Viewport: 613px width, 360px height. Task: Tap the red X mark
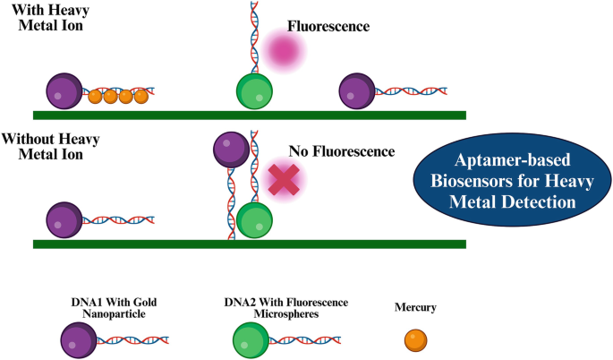click(284, 179)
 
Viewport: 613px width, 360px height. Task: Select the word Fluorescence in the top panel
click(328, 26)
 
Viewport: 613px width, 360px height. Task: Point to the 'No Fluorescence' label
click(341, 151)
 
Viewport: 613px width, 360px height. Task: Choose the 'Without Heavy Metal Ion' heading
click(51, 146)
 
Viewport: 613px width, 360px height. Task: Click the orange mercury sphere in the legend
click(415, 340)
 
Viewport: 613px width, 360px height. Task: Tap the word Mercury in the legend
click(415, 308)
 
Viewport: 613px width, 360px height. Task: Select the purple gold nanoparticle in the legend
click(77, 340)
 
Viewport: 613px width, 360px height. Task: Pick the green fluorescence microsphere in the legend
click(251, 340)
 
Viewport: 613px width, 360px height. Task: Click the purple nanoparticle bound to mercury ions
click(64, 92)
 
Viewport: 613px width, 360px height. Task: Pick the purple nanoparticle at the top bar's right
click(357, 91)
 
